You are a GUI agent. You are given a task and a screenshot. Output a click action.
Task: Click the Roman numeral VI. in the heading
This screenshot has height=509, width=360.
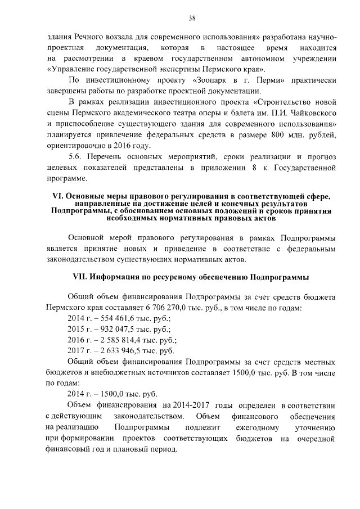click(56, 196)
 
